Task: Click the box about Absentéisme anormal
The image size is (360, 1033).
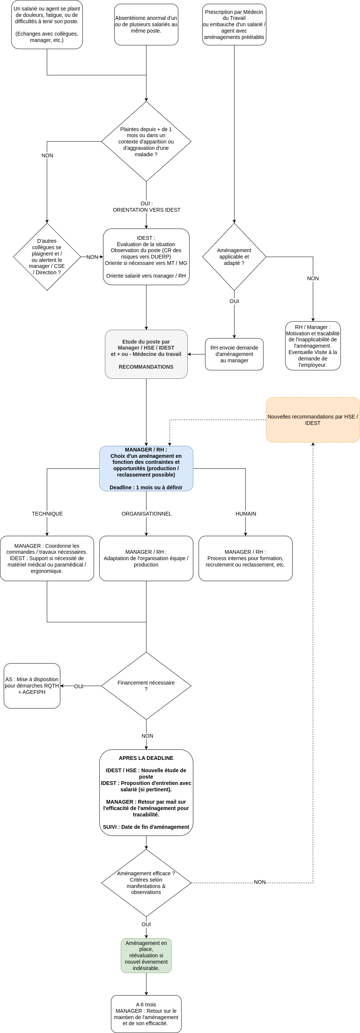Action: (146, 24)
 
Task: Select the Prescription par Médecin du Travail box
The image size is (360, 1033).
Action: (234, 24)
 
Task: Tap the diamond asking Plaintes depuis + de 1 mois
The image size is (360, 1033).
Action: (146, 142)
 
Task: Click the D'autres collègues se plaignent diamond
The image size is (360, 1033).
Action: (47, 257)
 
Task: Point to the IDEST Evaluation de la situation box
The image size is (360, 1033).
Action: (146, 257)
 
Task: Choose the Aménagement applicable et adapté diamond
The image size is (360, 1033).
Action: (234, 257)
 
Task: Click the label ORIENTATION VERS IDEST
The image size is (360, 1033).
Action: (146, 210)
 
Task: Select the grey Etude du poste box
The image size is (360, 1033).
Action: (146, 354)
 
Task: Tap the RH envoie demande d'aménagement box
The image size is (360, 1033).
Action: (234, 354)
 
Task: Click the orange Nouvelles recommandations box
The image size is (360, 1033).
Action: (313, 420)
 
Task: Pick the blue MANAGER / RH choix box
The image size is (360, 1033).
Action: (146, 468)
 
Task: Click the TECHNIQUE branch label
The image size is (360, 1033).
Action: (47, 514)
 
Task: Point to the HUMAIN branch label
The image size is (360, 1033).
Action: (246, 514)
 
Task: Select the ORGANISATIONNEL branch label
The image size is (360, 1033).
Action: (146, 514)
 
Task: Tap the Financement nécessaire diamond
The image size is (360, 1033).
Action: (146, 686)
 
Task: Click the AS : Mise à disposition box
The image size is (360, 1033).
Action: (32, 686)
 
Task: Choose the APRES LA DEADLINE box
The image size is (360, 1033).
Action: (146, 792)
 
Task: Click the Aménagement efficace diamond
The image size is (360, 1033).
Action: (146, 883)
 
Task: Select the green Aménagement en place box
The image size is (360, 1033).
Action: (146, 955)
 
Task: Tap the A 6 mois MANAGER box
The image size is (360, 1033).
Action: (146, 1014)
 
